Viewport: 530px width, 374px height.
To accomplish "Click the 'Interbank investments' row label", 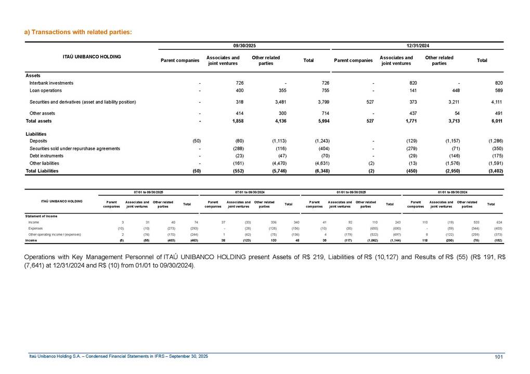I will [51, 83].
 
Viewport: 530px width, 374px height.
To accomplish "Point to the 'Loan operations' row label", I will [46, 90].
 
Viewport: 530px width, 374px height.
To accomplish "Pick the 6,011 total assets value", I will [495, 121].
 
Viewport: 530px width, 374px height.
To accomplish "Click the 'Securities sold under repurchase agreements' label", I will [75, 149].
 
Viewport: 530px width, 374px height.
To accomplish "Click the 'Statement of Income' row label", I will [42, 215].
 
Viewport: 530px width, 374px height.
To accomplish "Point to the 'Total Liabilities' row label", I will [42, 170].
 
